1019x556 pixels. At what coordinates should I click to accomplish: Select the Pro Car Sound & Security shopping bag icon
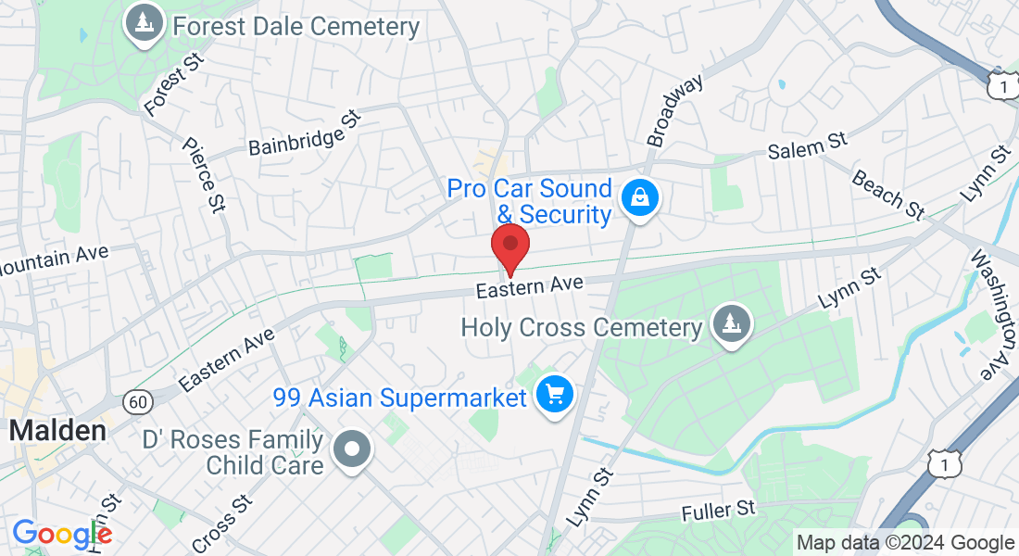[639, 197]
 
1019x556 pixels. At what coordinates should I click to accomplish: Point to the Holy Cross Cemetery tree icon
[732, 324]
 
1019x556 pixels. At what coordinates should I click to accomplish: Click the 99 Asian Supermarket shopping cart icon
[555, 396]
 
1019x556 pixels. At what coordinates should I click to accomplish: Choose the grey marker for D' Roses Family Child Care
[352, 451]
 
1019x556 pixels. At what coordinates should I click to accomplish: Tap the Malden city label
[57, 431]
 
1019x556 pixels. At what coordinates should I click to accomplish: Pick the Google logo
[62, 535]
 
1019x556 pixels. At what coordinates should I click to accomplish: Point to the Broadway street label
[675, 111]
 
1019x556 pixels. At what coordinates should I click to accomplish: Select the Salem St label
[808, 146]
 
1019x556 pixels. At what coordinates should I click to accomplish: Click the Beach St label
[888, 195]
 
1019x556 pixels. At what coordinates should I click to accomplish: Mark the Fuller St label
[719, 510]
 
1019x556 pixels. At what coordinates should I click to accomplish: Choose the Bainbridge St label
[303, 136]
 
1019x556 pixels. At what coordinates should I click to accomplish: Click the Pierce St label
[204, 175]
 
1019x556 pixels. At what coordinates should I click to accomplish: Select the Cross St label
[222, 524]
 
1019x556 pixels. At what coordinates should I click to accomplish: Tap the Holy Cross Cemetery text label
[582, 328]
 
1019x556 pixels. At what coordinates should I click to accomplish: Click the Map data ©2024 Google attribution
[906, 543]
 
